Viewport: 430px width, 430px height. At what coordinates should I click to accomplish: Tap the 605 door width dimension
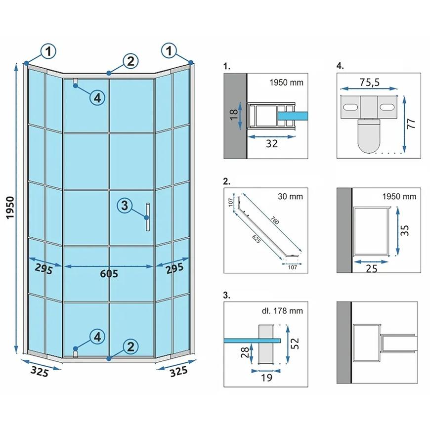tap(109, 273)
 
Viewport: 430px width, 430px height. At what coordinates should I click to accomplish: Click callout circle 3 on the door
tap(125, 205)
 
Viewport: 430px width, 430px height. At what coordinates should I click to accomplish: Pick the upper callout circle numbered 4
tap(97, 98)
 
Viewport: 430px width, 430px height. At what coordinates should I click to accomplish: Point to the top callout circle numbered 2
tap(129, 61)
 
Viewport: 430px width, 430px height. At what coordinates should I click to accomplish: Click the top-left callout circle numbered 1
tap(48, 50)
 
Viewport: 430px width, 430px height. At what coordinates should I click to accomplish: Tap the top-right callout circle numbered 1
tap(169, 50)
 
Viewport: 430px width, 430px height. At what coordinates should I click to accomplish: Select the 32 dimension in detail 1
tap(271, 143)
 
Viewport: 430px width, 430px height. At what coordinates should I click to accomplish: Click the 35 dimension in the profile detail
tap(405, 229)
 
